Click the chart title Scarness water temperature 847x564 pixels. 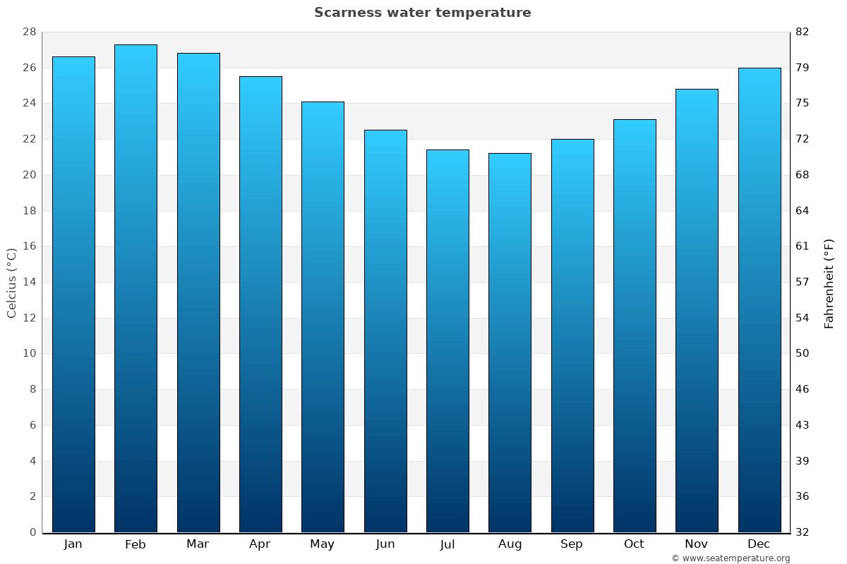click(422, 13)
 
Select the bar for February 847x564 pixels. click(136, 289)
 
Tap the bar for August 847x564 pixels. click(510, 343)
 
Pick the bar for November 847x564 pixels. click(697, 310)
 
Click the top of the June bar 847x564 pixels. click(385, 131)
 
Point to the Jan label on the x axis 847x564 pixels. click(73, 544)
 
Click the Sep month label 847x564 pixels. click(572, 544)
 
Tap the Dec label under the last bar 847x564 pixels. click(759, 544)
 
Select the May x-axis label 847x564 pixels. click(323, 544)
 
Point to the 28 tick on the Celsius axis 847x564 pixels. click(30, 32)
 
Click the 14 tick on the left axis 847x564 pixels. click(30, 282)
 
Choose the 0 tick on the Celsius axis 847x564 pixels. click(32, 532)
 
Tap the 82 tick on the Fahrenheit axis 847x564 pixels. click(802, 32)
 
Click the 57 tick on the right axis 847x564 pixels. click(802, 282)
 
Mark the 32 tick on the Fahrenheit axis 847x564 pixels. click(802, 532)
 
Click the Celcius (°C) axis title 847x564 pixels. click(11, 283)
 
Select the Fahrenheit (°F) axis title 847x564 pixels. click(829, 283)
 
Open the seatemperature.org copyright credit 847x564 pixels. click(730, 558)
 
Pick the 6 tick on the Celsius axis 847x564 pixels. click(32, 425)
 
